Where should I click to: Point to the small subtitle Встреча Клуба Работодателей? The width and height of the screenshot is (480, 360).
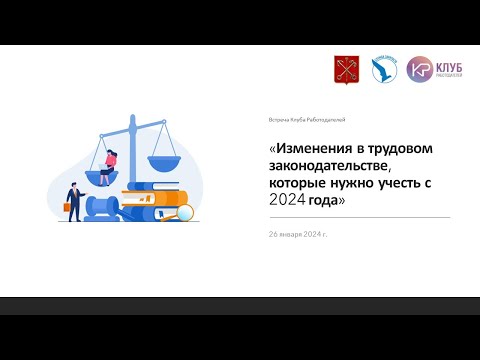[x=306, y=119]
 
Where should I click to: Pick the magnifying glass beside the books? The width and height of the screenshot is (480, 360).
[x=184, y=212]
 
